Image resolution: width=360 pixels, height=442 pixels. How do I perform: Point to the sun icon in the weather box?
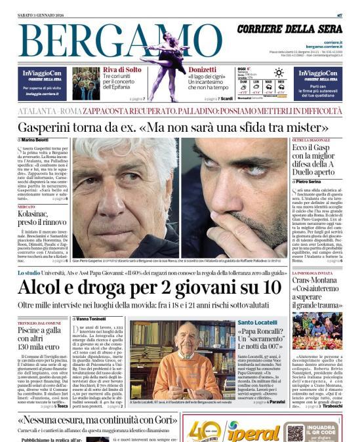pos(278,72)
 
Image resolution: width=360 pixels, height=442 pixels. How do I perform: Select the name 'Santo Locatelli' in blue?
pos(256,323)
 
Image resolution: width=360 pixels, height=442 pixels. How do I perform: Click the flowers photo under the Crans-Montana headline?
pos(317,331)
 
